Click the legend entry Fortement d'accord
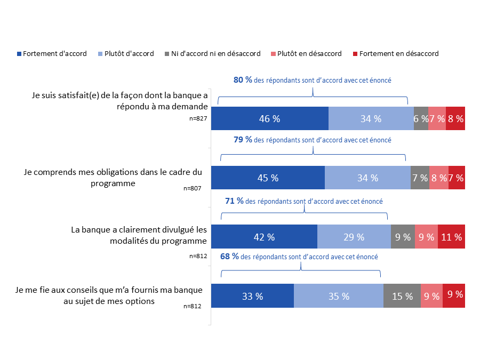[x=52, y=54]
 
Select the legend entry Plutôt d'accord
[x=126, y=54]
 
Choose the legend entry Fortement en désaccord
[x=395, y=54]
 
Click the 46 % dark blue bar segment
[x=270, y=119]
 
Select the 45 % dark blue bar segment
[x=268, y=178]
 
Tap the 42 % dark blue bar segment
[x=264, y=237]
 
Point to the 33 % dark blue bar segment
[x=252, y=297]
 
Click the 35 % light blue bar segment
[x=338, y=297]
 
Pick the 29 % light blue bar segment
[x=354, y=237]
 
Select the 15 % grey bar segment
[x=402, y=297]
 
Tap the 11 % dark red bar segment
[x=451, y=237]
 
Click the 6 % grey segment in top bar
[x=421, y=119]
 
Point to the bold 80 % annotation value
[x=243, y=80]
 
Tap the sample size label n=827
[x=198, y=118]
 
